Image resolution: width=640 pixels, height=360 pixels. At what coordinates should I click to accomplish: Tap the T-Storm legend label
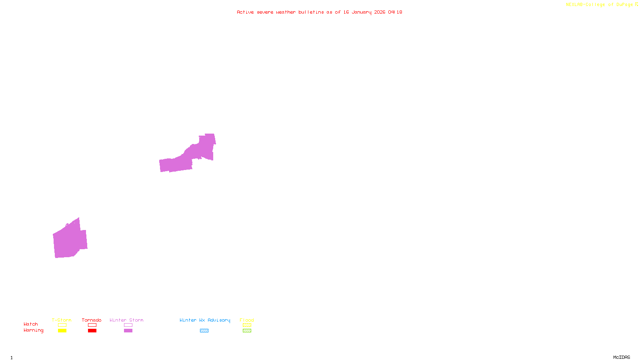pyautogui.click(x=62, y=320)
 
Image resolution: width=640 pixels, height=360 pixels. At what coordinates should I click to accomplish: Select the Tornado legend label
pyautogui.click(x=92, y=320)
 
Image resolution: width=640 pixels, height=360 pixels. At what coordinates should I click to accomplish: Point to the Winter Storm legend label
pyautogui.click(x=126, y=320)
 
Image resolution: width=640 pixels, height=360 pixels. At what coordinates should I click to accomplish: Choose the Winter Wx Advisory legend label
pyautogui.click(x=205, y=320)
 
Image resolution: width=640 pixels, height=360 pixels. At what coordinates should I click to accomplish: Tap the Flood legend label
pyautogui.click(x=247, y=320)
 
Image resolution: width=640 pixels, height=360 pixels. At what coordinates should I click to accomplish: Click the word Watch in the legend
pyautogui.click(x=31, y=324)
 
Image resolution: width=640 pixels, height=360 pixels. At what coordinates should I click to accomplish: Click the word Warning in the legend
pyautogui.click(x=33, y=330)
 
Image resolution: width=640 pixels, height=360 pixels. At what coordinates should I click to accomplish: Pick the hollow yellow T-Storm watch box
pyautogui.click(x=62, y=325)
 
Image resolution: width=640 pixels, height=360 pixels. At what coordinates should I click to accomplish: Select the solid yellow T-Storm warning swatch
pyautogui.click(x=62, y=331)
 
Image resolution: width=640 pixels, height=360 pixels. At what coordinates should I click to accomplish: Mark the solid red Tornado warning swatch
pyautogui.click(x=92, y=331)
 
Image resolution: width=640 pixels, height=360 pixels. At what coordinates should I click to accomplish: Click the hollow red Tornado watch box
pyautogui.click(x=92, y=325)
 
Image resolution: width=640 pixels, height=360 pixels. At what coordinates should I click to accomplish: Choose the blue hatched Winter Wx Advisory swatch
pyautogui.click(x=204, y=331)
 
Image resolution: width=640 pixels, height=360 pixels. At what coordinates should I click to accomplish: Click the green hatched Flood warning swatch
pyautogui.click(x=247, y=331)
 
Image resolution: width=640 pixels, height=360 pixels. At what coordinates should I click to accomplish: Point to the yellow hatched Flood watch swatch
pyautogui.click(x=247, y=325)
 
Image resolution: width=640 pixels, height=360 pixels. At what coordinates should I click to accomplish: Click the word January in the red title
pyautogui.click(x=362, y=12)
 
